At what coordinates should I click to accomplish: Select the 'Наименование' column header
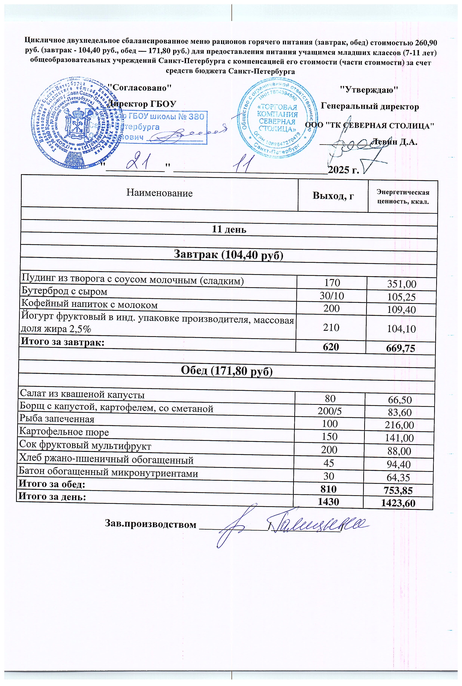point(159,193)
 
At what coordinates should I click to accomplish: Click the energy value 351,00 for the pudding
point(402,284)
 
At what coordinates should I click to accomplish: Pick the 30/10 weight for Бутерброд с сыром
point(332,296)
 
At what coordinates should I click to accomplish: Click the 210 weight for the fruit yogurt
point(331,327)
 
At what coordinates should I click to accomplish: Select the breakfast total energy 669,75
point(400,348)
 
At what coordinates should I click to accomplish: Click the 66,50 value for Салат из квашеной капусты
point(400,400)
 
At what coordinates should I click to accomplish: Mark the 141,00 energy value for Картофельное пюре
point(399,438)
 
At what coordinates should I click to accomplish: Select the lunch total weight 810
point(328,489)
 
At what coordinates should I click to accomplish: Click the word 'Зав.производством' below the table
point(150,524)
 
